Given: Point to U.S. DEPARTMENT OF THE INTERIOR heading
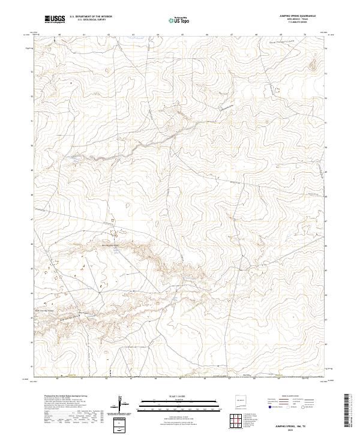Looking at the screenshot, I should coord(91,17).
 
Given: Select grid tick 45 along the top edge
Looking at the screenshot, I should coord(182,35).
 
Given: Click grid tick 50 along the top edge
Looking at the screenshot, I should coord(305,35).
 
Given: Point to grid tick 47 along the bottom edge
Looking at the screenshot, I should coord(231,379).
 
